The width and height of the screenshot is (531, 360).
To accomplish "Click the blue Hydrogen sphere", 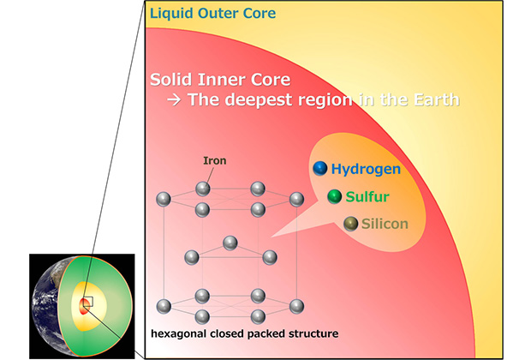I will pos(320,170).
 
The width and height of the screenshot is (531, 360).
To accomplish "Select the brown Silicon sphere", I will pos(350,224).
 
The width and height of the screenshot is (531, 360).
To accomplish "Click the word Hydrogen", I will pos(366,170).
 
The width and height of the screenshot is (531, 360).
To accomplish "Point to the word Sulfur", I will pos(368,197).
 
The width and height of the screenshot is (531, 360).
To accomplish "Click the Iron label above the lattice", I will pos(213,160).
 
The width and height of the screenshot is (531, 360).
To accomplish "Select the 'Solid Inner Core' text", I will pos(220,80).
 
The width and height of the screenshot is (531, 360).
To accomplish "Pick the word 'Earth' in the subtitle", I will pos(438,99).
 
